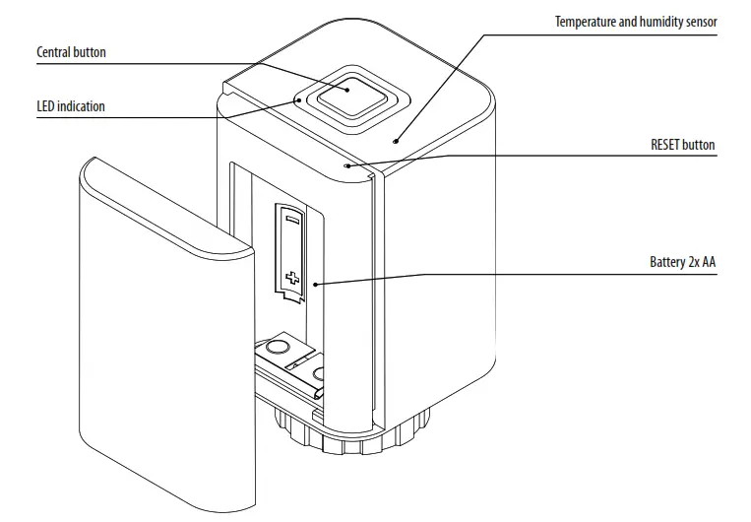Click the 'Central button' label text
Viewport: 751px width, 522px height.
(71, 51)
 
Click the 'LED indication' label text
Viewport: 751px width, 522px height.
(70, 106)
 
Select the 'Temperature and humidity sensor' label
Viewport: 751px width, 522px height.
(636, 22)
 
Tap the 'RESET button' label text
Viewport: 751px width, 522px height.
(682, 145)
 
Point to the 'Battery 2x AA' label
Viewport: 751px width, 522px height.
(682, 263)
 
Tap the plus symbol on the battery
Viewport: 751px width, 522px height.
(290, 277)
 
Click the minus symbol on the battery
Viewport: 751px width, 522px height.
(291, 222)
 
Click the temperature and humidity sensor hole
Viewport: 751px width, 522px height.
(396, 141)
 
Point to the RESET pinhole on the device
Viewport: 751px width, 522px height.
(347, 165)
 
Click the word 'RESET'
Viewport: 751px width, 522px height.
(666, 145)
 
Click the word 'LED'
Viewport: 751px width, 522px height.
(46, 106)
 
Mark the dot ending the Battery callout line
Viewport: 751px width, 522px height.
(314, 285)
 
